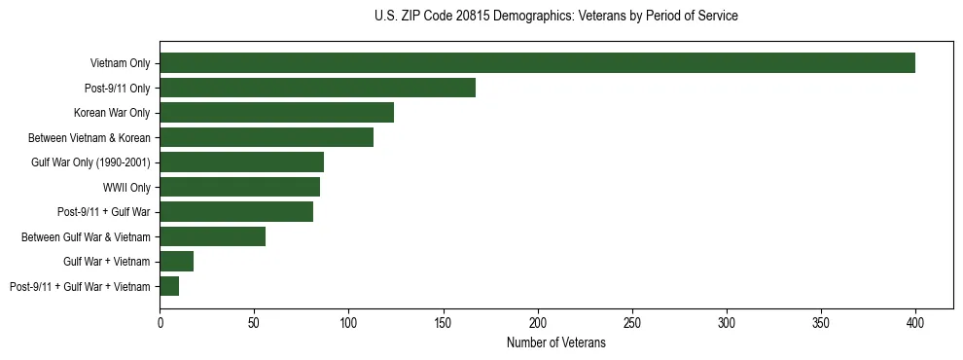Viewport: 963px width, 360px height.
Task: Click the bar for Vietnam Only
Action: (537, 63)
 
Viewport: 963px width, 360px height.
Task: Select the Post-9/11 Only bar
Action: (317, 88)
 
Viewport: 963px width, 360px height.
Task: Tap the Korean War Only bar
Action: (276, 113)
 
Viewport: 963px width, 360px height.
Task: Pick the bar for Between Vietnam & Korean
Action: (267, 137)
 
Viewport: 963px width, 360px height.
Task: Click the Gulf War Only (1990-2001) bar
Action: (241, 162)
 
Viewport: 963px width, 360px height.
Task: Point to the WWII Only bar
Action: (239, 187)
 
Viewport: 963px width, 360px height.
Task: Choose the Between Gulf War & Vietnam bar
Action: (212, 236)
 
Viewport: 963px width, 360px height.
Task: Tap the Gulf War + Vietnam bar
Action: (176, 262)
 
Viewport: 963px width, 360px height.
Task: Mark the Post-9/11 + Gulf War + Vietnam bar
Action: (169, 286)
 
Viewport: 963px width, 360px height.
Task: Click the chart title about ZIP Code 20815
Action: (555, 17)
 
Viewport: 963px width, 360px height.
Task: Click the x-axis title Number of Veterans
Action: (555, 342)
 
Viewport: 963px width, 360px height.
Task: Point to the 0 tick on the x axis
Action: (160, 320)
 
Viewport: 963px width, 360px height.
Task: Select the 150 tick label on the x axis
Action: (443, 320)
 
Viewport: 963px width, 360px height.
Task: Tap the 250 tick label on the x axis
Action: (632, 320)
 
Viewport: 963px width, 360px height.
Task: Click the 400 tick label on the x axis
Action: (915, 320)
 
